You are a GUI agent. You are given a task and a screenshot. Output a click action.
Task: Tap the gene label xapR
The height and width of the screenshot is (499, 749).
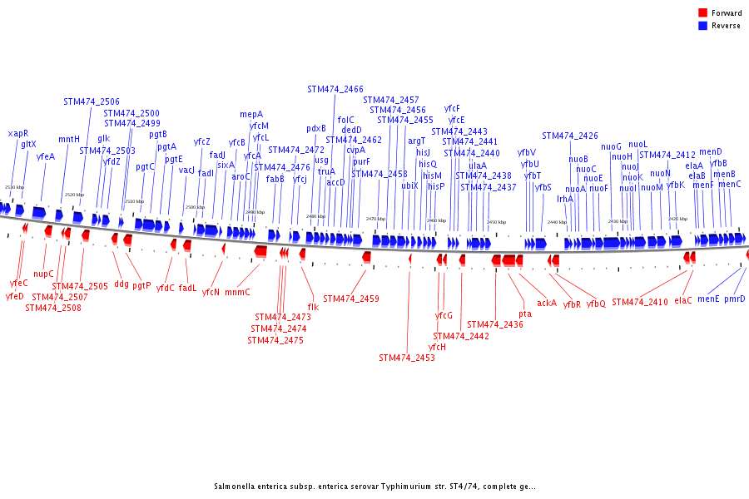pos(18,133)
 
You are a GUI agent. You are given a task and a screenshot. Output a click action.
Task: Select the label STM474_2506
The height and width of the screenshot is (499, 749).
pos(92,101)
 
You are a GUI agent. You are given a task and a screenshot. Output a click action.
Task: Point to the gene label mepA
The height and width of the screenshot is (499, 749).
pos(251,114)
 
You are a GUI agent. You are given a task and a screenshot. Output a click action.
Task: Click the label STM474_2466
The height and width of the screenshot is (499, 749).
pos(335,89)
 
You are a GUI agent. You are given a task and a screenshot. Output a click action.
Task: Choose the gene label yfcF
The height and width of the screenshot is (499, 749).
pos(452,108)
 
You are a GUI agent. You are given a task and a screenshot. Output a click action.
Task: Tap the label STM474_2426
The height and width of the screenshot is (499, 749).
pos(570,136)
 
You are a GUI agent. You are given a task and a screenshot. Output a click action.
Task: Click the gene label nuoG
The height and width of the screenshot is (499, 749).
pos(612,146)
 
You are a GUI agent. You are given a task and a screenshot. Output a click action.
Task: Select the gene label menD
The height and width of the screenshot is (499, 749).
pos(711,152)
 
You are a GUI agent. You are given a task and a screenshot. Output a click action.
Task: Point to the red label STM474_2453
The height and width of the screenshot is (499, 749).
pos(407,358)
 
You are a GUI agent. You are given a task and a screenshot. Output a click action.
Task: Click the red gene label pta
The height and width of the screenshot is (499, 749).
pos(525,314)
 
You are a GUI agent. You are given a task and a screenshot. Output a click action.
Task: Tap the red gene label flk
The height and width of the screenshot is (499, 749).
pos(313,307)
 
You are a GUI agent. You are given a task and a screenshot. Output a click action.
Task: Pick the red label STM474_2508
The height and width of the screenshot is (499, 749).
pos(53,308)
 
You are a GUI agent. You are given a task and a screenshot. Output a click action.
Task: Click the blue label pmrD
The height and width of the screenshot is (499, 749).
pos(735,299)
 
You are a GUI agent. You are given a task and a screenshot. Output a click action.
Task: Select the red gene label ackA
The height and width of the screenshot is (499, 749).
pos(547,303)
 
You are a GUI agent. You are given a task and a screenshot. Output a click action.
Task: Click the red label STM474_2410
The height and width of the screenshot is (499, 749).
pos(640,302)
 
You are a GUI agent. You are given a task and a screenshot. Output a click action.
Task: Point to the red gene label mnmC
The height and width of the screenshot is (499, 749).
pos(237,292)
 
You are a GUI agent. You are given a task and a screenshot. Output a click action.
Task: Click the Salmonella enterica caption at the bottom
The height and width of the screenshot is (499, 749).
pos(374,487)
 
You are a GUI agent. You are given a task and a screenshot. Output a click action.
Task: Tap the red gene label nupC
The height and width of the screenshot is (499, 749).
pos(43,274)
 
